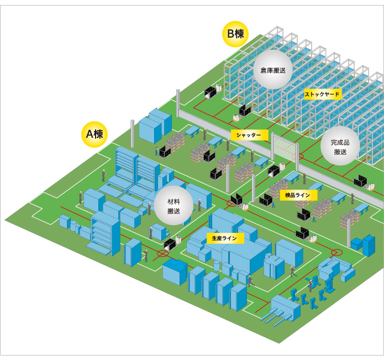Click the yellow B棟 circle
point(235,34)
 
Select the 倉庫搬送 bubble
point(273,70)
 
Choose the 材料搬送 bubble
point(173,206)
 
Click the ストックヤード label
point(323,95)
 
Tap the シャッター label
point(249,135)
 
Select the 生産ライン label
point(225,238)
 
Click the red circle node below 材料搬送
point(162,254)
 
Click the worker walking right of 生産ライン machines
point(293,272)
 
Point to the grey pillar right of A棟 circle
point(132,132)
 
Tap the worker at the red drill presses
point(311,285)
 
